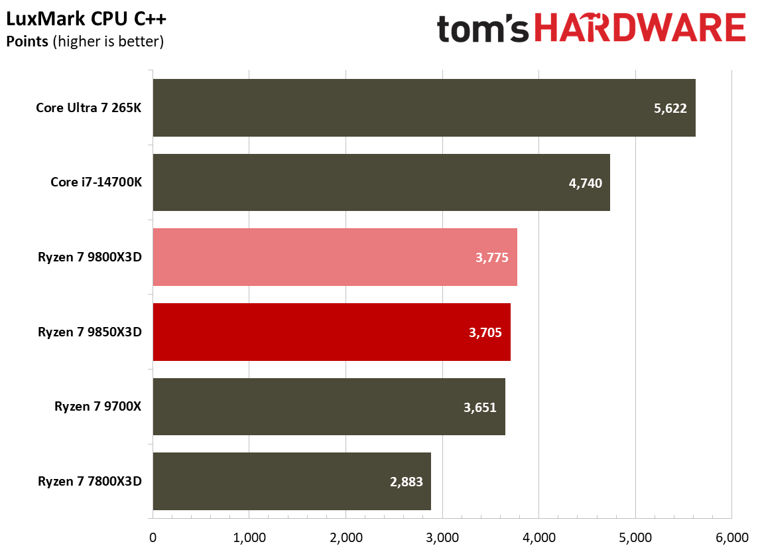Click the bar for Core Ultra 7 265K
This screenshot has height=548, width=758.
424,108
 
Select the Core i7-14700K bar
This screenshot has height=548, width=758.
381,182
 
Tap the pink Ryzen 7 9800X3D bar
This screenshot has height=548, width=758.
335,257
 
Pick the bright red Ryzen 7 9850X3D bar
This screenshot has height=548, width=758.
332,332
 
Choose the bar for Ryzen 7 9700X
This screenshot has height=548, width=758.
329,407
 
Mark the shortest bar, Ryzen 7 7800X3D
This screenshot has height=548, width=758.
292,481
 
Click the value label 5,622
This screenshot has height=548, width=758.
670,109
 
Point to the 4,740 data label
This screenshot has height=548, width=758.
585,183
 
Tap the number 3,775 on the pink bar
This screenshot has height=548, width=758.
491,258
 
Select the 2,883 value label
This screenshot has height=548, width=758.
405,482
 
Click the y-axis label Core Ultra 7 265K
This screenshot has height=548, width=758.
89,108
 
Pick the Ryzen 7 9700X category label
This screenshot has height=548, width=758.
98,407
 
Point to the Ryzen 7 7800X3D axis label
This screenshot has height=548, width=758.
90,481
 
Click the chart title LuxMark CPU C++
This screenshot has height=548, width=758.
86,19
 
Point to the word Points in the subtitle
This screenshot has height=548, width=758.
27,41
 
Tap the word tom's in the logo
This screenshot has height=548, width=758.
483,30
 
